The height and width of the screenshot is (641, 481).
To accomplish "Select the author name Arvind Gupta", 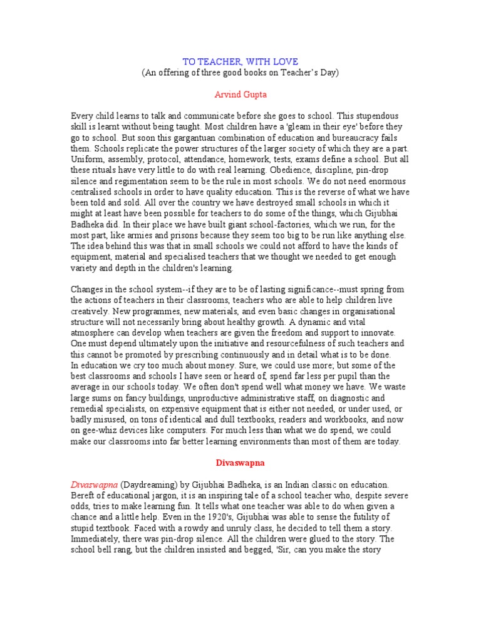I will (240, 94).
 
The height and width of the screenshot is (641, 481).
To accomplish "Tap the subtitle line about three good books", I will (240, 72).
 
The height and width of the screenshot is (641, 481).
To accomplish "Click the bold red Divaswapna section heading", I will (240, 463).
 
